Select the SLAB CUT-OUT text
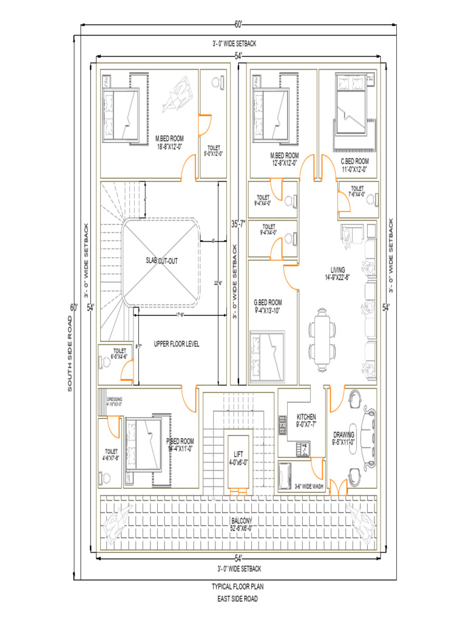161,261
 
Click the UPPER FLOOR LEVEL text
177,344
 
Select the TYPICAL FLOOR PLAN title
237,587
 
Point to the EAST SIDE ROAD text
237,599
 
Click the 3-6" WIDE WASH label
308,486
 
